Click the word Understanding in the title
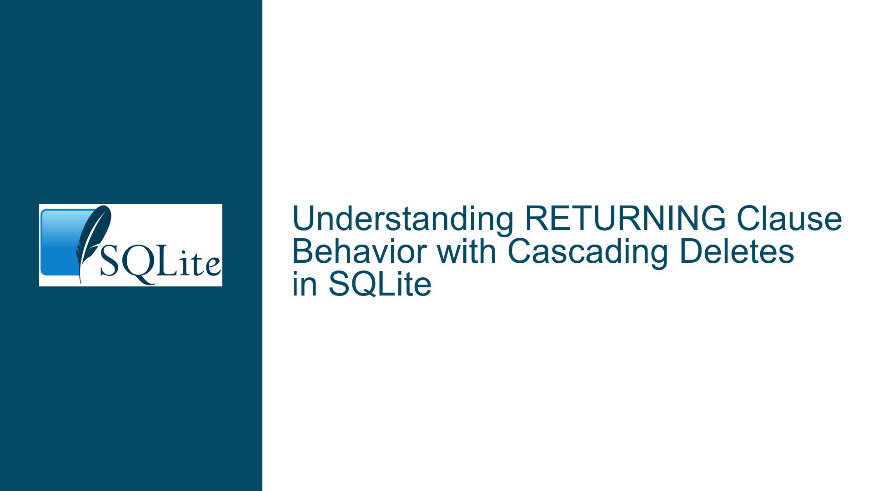pyautogui.click(x=403, y=219)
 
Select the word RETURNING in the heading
pyautogui.click(x=626, y=219)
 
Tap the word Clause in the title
pyautogui.click(x=790, y=219)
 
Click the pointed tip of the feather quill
pyautogui.click(x=81, y=284)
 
